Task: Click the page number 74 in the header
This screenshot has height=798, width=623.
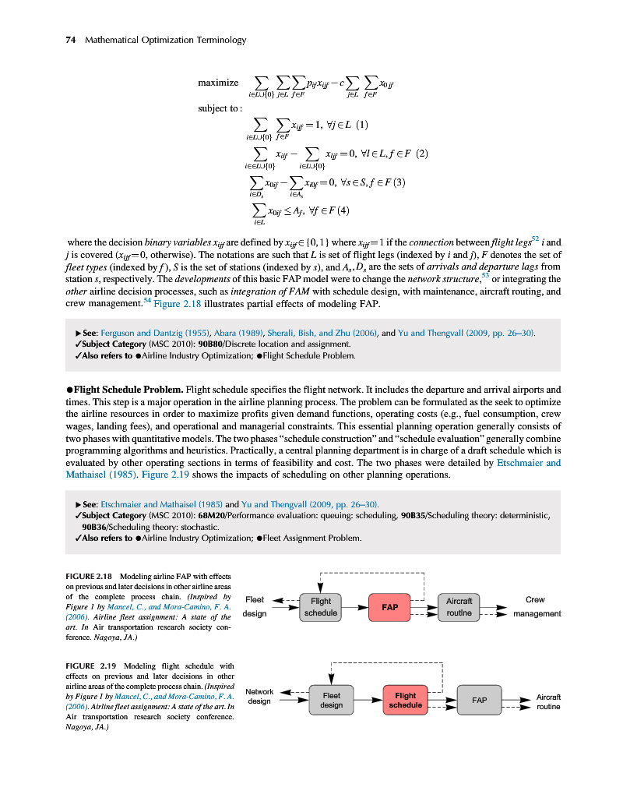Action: (69, 40)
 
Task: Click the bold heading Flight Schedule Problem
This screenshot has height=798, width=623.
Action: (128, 389)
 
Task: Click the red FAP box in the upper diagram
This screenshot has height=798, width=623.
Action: (389, 606)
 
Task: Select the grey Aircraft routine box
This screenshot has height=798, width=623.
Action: (459, 606)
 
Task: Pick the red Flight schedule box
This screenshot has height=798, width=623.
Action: (405, 700)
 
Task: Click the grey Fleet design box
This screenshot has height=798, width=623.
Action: (331, 700)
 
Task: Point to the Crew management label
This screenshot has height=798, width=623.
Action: (536, 606)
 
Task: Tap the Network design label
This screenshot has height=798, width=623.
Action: (259, 696)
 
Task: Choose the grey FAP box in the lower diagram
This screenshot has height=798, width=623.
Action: (480, 700)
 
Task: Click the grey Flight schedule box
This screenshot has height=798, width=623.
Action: (320, 606)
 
